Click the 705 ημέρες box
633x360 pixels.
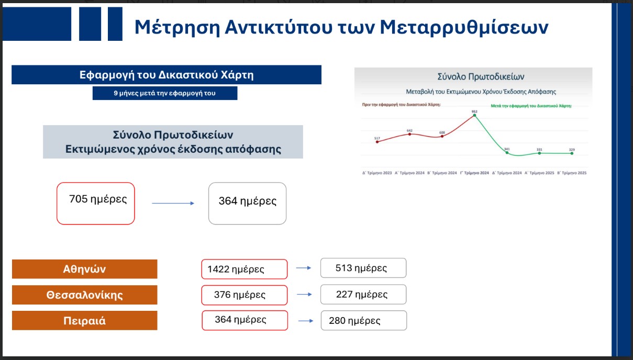(x=96, y=203)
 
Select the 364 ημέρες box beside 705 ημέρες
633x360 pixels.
(x=247, y=203)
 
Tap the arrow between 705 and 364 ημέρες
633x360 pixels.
(x=173, y=204)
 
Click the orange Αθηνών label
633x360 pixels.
(x=84, y=269)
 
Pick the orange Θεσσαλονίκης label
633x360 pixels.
(x=84, y=295)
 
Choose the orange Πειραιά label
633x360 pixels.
(x=84, y=320)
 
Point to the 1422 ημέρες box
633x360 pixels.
(x=245, y=269)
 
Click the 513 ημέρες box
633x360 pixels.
(x=363, y=268)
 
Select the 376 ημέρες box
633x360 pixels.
(x=245, y=295)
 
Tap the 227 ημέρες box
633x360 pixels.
(x=363, y=294)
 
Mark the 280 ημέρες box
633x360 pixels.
(x=363, y=320)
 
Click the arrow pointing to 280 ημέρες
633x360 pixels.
(x=306, y=321)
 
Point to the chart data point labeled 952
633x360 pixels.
(x=474, y=116)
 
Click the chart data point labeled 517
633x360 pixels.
(x=377, y=142)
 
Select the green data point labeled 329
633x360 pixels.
(x=572, y=153)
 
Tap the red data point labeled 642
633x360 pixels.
(x=409, y=134)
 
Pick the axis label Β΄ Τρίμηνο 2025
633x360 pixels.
(x=572, y=173)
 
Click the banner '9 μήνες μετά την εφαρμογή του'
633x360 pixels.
(x=165, y=93)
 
